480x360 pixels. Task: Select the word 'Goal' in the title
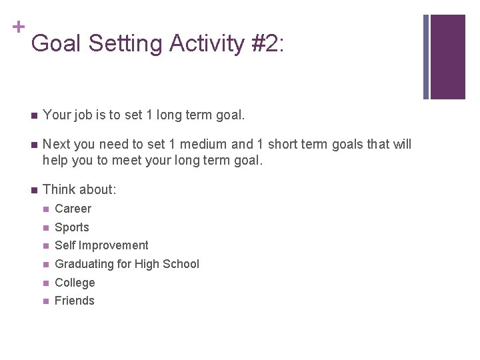pos(56,43)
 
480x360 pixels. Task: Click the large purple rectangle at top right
pos(447,57)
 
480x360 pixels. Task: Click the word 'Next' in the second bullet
pos(56,145)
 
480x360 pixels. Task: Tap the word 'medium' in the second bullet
pos(207,145)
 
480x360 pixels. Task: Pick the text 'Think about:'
pos(79,190)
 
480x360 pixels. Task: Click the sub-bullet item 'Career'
pos(73,209)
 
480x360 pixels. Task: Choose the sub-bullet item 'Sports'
pos(71,227)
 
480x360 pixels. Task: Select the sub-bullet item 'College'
pos(75,283)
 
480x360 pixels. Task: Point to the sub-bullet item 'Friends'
pos(74,301)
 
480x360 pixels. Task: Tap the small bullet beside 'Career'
pos(45,209)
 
